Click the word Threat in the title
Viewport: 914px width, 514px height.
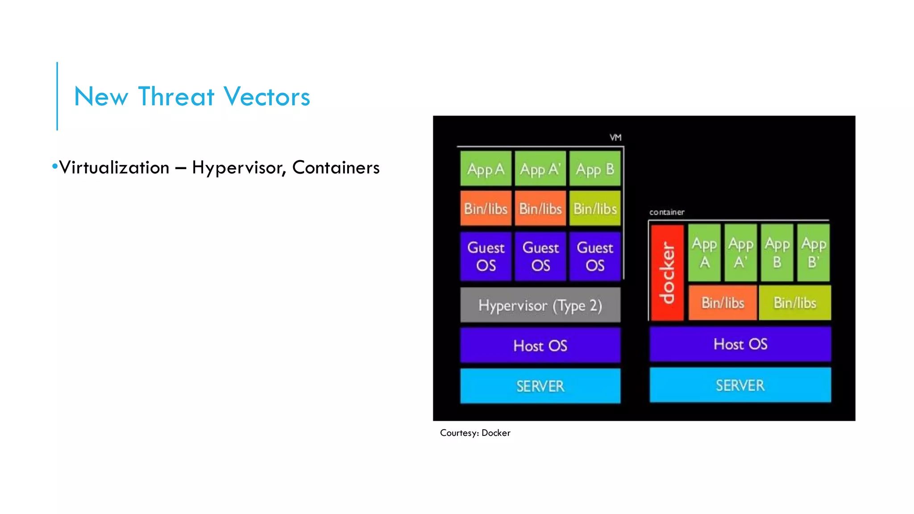coord(176,96)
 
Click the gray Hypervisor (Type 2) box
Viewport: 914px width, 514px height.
coord(540,305)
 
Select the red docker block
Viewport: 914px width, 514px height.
coord(667,273)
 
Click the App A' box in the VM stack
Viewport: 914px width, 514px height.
coord(540,169)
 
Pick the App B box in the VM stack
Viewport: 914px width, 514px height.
coord(595,169)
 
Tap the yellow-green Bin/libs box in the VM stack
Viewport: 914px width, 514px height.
coord(595,208)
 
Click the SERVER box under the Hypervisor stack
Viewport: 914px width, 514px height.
coord(540,386)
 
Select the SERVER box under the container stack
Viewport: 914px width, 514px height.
coord(740,385)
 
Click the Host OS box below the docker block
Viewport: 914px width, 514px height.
coord(740,344)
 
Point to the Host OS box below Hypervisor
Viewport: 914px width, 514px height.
coord(540,345)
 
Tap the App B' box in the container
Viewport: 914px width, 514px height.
coord(813,253)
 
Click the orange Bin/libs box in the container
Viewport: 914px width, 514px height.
coord(723,303)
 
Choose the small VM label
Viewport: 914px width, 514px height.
coord(615,137)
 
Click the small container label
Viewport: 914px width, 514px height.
coord(666,212)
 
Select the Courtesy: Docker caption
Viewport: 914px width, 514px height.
coord(475,433)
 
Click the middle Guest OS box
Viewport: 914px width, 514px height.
coord(540,256)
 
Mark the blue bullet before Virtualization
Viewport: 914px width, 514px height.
coord(55,167)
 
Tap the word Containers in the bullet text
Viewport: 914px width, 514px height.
coord(336,168)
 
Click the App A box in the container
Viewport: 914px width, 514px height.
coord(704,253)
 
